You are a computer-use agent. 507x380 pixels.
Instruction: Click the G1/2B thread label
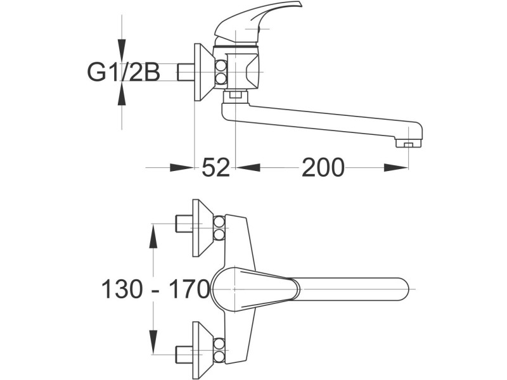123,72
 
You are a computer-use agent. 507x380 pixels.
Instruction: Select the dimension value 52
215,168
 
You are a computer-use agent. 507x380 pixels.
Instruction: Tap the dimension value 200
323,168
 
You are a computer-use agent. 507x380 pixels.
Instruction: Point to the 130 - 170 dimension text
155,289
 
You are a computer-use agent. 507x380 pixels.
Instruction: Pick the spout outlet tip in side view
408,143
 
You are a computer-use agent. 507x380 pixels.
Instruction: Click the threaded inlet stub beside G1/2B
186,72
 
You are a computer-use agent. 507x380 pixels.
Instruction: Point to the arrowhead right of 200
396,168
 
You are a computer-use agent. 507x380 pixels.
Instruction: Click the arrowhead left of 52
182,168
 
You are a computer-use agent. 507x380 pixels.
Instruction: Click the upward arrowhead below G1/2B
122,96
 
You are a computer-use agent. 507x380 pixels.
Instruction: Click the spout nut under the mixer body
236,96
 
